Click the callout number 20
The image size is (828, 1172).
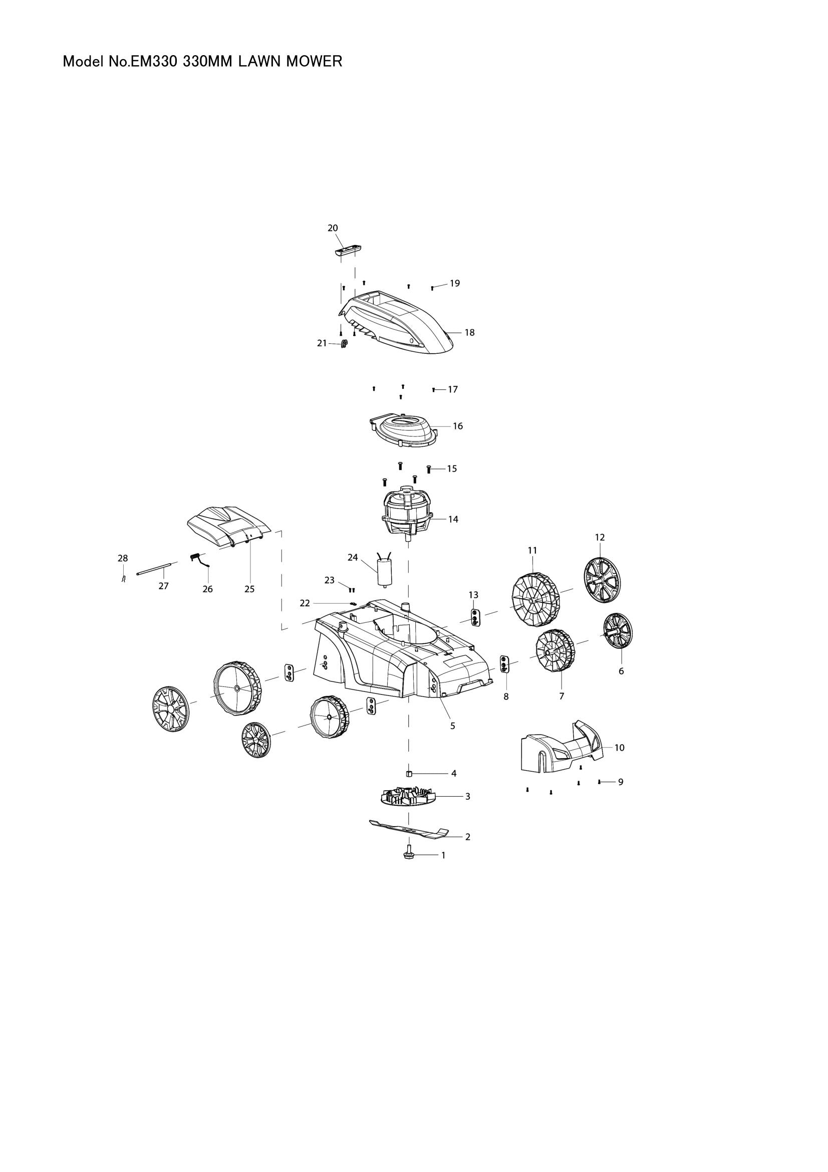coord(333,227)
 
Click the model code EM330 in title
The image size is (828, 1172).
coord(154,62)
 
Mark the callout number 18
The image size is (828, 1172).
coord(469,332)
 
